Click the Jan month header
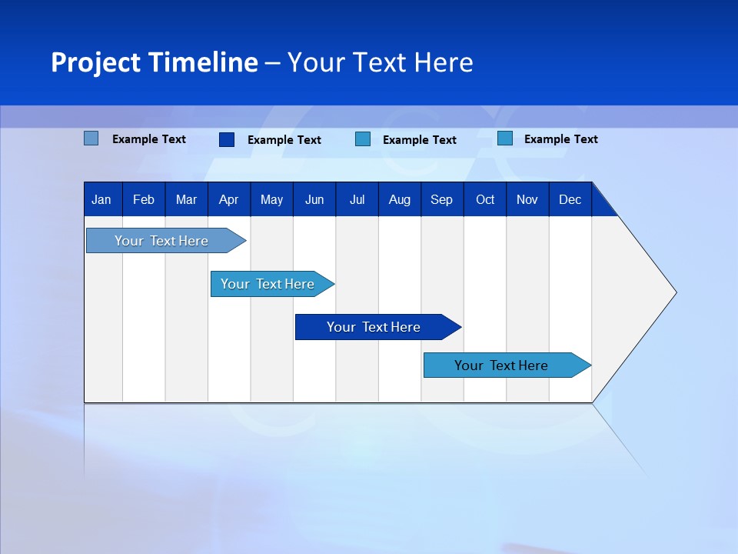click(101, 199)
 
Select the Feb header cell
click(144, 199)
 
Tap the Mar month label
click(186, 199)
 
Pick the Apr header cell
click(228, 199)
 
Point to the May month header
click(271, 199)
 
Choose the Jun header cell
click(314, 199)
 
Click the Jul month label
click(357, 199)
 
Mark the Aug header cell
click(400, 199)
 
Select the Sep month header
click(441, 199)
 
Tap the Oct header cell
click(485, 199)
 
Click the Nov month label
click(527, 199)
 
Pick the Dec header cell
click(570, 199)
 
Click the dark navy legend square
click(227, 139)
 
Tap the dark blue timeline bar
click(374, 327)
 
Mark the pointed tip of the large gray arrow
click(674, 292)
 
